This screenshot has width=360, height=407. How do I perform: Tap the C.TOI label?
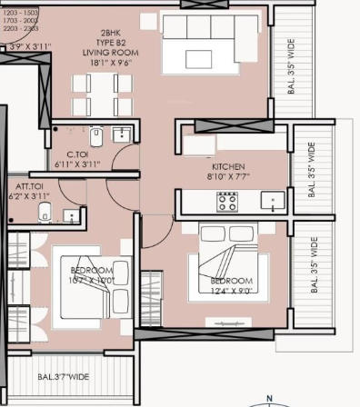click(77, 154)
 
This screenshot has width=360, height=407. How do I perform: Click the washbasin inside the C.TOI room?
click(121, 136)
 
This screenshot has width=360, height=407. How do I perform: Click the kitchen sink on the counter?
click(270, 201)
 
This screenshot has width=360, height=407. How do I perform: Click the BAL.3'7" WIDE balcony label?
click(63, 375)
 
